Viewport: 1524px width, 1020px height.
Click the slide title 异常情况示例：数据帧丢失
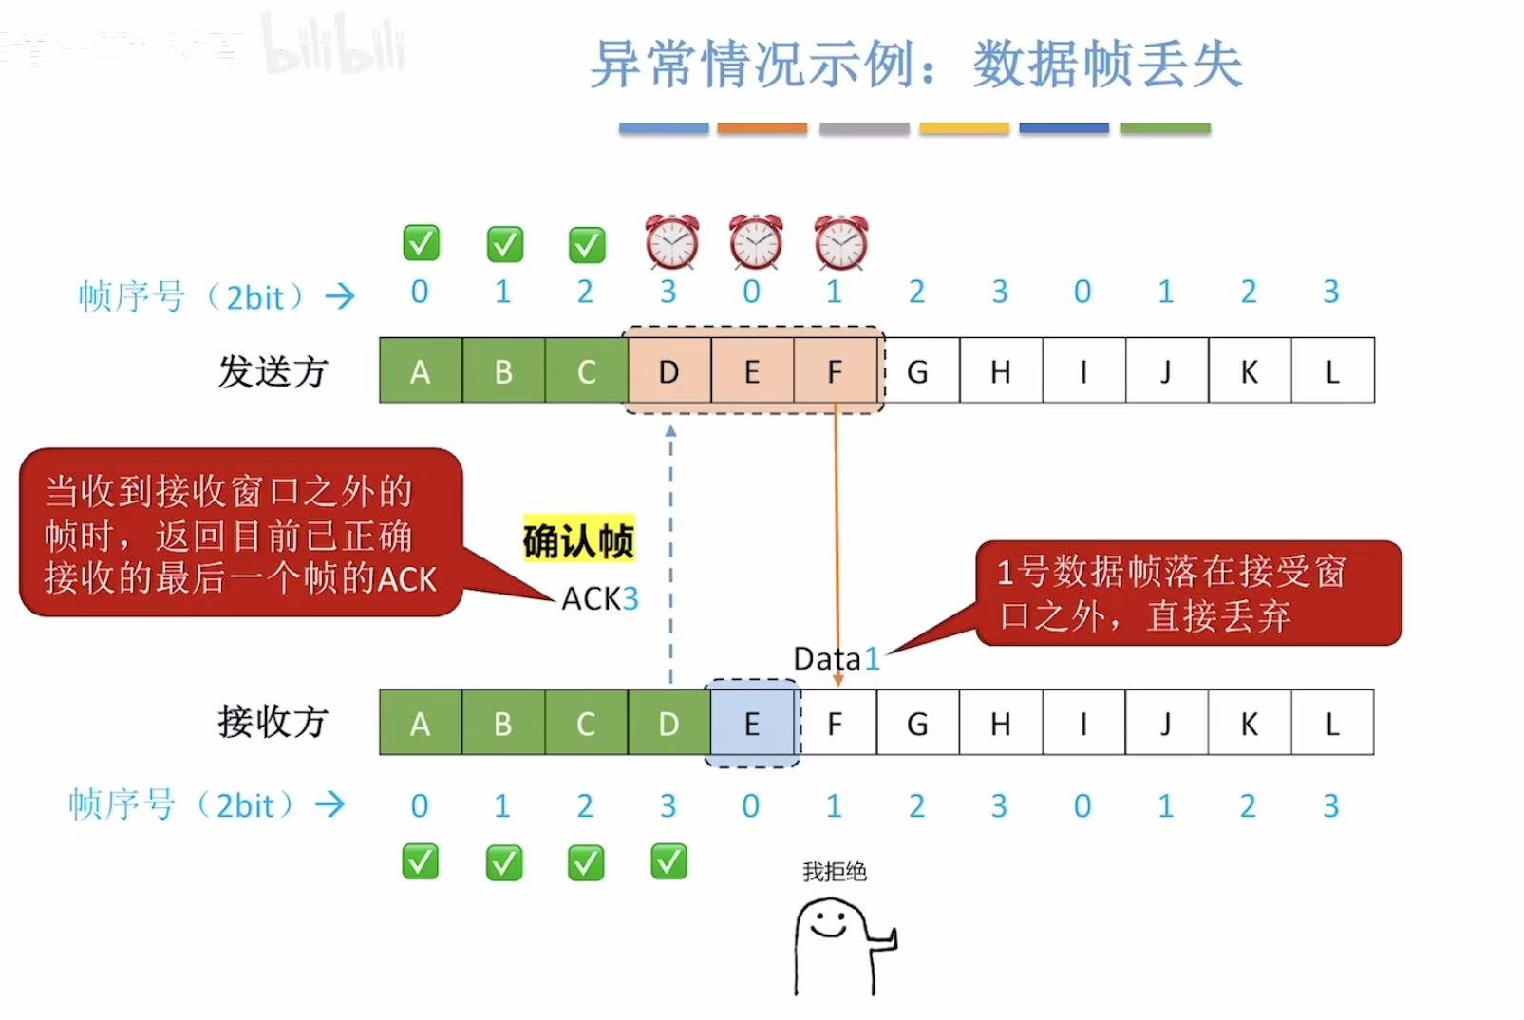tap(915, 65)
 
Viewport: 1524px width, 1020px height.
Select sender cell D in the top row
tap(668, 371)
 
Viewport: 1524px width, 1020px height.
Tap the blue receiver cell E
tap(751, 724)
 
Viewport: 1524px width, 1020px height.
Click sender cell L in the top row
tap(1332, 371)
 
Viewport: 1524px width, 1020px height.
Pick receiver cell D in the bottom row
tap(668, 724)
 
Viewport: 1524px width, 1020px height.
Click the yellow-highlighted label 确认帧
tap(578, 540)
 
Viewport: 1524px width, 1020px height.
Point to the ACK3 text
tap(600, 598)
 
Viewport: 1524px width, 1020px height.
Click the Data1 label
tap(837, 658)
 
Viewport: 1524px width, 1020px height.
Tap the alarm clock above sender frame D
tap(671, 242)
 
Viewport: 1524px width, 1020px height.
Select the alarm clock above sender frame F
tap(840, 242)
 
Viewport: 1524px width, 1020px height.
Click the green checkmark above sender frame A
tap(421, 243)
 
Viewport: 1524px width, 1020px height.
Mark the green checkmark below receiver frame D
tap(669, 862)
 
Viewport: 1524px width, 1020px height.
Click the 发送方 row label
tap(273, 371)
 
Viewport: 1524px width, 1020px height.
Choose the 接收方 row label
tap(273, 722)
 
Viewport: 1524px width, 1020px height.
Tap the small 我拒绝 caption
tap(834, 872)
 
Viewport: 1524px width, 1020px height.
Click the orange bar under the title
tap(762, 128)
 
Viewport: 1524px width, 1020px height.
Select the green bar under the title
tap(1165, 128)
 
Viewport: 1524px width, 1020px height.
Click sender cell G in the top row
tap(917, 371)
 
